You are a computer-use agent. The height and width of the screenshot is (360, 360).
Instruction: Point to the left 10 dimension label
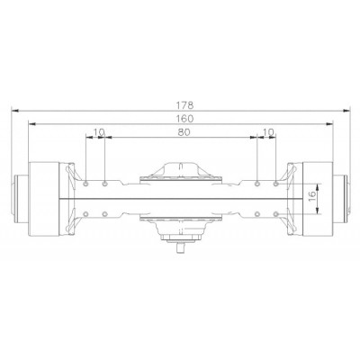click(97, 132)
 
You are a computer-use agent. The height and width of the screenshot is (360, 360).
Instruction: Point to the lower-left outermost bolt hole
click(85, 213)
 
